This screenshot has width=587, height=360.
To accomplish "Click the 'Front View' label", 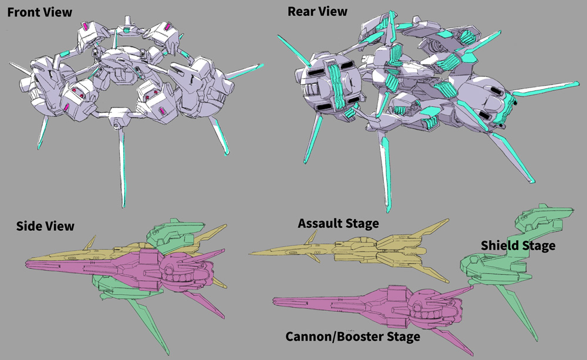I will click(39, 12).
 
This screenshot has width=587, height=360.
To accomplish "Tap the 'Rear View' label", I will click(317, 11).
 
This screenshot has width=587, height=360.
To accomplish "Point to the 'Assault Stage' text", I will click(338, 224).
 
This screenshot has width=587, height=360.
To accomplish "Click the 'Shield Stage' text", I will click(518, 245).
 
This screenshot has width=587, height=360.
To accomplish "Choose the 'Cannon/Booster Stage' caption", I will click(353, 337).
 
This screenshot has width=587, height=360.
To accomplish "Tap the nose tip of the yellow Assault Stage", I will click(251, 254).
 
